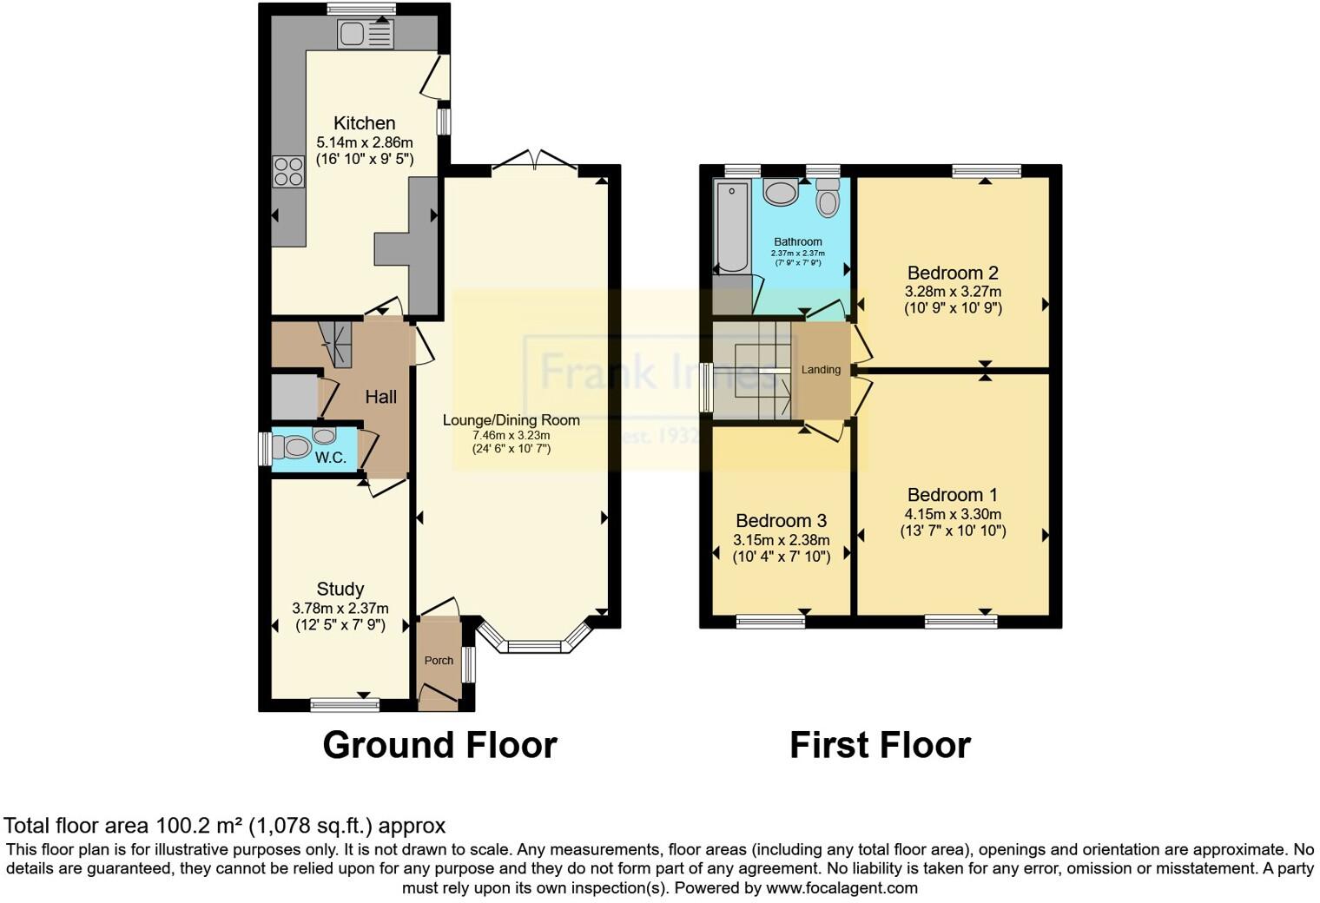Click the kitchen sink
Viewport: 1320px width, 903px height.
[366, 34]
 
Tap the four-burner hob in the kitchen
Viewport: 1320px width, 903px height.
[288, 171]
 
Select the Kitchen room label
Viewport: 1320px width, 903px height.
[365, 123]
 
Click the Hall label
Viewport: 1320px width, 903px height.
[380, 397]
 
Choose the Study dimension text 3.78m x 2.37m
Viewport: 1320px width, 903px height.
[340, 609]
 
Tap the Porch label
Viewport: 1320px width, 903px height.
[439, 661]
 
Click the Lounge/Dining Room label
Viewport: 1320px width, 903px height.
[511, 420]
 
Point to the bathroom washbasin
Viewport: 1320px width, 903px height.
[782, 192]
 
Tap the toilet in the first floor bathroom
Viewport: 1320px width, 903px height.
[828, 199]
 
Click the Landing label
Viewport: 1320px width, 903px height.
[821, 370]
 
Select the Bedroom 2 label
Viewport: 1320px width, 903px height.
[953, 273]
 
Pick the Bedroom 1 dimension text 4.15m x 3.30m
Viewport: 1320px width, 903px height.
[953, 514]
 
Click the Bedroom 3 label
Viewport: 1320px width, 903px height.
[781, 521]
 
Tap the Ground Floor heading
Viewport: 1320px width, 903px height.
[439, 745]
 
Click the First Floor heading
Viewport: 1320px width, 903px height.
[880, 745]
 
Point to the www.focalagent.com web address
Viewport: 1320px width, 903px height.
[841, 888]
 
